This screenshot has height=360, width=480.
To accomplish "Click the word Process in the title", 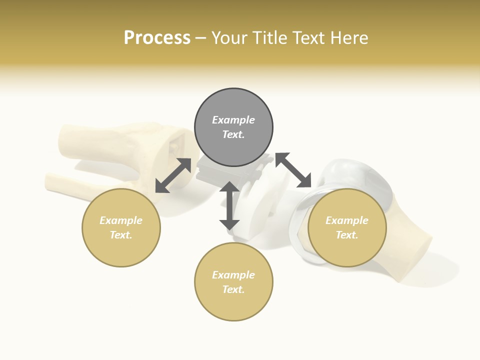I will click(x=157, y=38).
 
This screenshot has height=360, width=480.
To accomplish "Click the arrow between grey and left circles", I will click(x=173, y=175).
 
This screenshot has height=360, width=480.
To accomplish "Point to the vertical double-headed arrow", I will click(x=229, y=205).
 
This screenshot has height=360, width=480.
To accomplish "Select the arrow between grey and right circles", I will click(x=293, y=170).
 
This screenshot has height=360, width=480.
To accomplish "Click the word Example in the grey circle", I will click(x=233, y=120).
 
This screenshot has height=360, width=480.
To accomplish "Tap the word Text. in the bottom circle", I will click(x=233, y=289).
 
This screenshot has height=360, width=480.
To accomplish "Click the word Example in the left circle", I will click(x=121, y=220).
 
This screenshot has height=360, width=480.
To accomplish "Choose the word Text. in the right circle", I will click(x=347, y=235).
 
